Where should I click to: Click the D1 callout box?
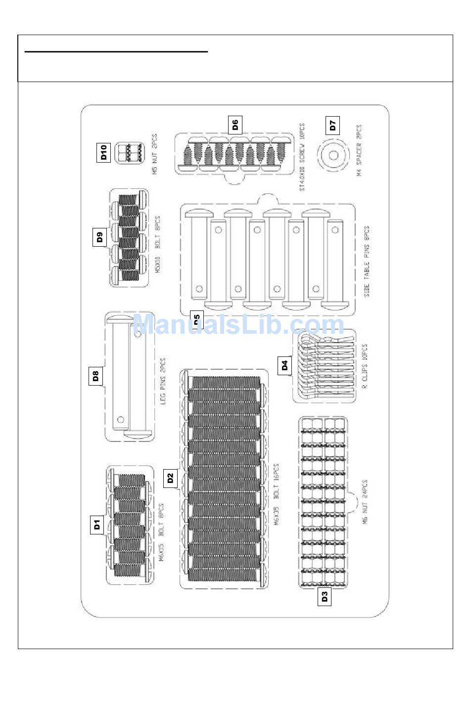click(97, 524)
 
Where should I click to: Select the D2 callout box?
click(170, 478)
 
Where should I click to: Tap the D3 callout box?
click(325, 597)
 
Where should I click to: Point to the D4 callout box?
click(284, 366)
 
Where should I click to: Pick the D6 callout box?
click(235, 125)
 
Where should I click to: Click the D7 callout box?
click(333, 125)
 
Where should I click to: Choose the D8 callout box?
click(96, 377)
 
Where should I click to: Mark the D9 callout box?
click(100, 237)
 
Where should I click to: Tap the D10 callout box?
click(103, 152)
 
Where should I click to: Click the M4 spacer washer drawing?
click(333, 155)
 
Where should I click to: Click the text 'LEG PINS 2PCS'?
click(163, 381)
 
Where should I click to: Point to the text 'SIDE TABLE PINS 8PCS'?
click(367, 262)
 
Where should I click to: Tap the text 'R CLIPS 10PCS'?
click(365, 366)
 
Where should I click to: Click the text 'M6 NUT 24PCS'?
click(365, 502)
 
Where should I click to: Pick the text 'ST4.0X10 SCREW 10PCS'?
click(302, 157)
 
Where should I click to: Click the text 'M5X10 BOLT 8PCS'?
click(158, 245)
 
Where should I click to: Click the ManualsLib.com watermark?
click(238, 325)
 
